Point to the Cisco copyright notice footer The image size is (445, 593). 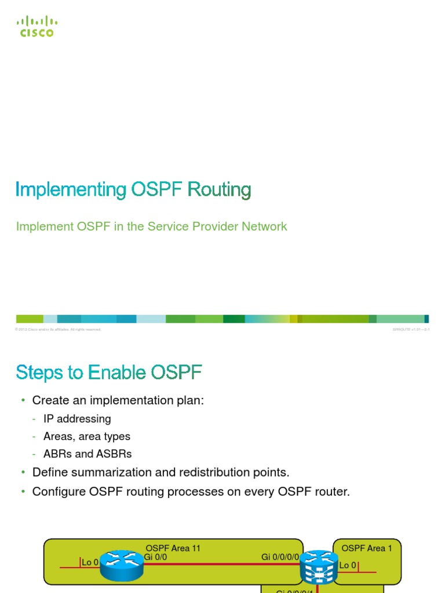pos(59,330)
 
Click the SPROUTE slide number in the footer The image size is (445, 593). pos(411,330)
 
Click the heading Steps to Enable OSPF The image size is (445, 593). pos(109,373)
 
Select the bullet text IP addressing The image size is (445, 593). pos(77,419)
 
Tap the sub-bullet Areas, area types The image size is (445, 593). pos(87,436)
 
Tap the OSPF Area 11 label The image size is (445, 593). pos(173,548)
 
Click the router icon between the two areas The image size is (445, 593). pos(316,567)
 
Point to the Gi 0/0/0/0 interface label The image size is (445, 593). pos(280,557)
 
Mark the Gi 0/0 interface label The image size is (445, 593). pos(155,557)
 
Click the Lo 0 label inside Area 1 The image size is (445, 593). pos(348,565)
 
